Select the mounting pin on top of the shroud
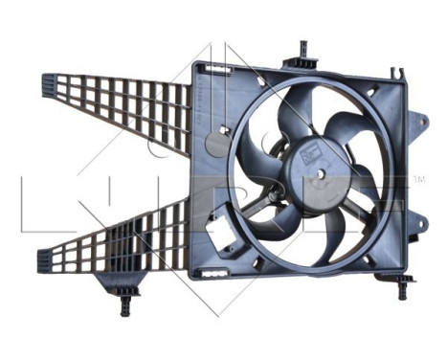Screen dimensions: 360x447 coord(303,49)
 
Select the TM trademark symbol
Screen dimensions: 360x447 coord(419,179)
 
